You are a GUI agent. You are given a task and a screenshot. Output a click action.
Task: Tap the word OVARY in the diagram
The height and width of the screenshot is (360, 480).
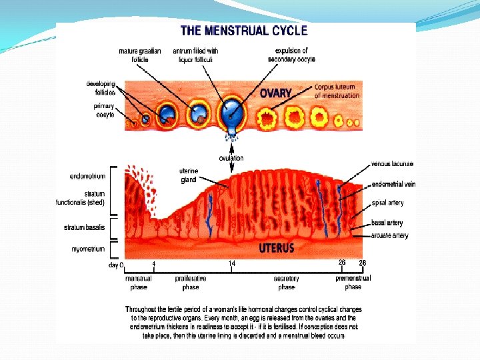click(x=276, y=93)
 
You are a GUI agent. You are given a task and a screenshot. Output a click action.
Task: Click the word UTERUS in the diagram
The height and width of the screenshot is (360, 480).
click(x=276, y=248)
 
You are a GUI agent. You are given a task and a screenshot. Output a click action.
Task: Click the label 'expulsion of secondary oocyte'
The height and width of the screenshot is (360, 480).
click(x=291, y=55)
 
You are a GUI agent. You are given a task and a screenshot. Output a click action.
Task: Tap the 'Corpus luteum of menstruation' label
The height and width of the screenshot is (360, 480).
click(x=337, y=91)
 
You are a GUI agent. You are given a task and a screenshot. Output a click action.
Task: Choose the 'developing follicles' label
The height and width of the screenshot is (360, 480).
click(x=101, y=88)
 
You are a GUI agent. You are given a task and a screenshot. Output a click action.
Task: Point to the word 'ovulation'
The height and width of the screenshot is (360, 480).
click(x=231, y=158)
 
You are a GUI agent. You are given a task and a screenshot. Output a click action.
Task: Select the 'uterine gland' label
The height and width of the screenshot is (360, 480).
click(x=189, y=175)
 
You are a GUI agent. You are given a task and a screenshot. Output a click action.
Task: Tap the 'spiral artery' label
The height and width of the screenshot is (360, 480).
click(x=387, y=203)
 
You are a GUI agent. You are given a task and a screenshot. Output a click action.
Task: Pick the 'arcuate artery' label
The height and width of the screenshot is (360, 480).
click(x=390, y=235)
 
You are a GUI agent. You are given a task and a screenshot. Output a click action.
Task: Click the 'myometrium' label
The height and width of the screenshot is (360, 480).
click(x=88, y=249)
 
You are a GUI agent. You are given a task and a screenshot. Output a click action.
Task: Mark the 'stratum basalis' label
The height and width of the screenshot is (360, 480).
click(x=85, y=227)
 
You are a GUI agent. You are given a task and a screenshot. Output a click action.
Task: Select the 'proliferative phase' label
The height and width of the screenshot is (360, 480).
click(x=191, y=283)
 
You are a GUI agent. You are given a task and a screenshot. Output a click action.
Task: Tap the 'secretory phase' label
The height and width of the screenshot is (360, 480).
click(x=287, y=283)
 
